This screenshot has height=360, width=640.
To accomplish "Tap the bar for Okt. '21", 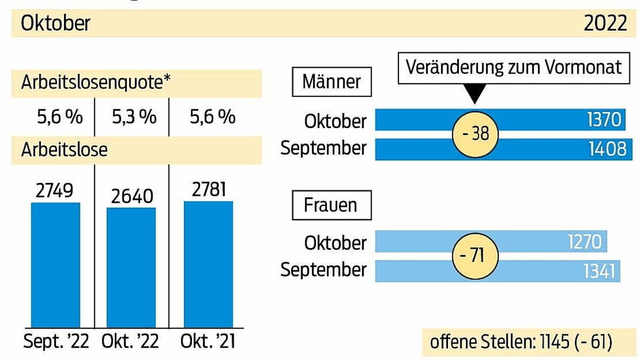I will [208, 265].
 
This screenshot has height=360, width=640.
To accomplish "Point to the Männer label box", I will [331, 82].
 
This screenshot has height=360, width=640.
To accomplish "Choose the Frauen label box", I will [331, 205].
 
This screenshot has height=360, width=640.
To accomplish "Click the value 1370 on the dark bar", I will [604, 120].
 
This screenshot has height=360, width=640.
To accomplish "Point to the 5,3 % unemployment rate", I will [134, 117].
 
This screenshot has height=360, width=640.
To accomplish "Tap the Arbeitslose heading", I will [64, 150].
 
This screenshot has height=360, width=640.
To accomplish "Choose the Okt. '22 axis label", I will [131, 342].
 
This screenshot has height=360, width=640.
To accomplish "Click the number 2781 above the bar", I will [208, 189].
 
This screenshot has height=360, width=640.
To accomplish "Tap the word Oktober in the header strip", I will [55, 24].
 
